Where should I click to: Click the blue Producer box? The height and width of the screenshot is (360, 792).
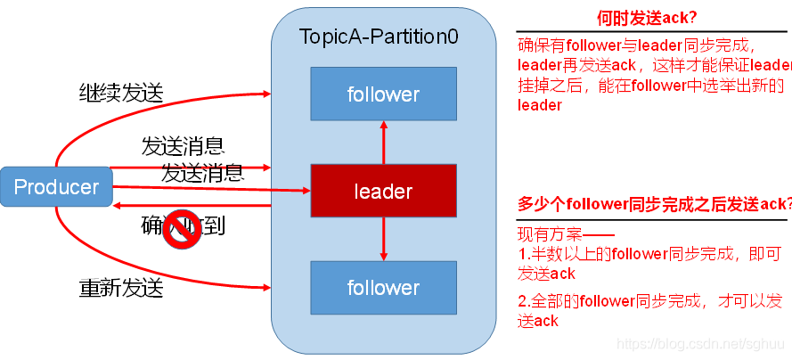[56, 187]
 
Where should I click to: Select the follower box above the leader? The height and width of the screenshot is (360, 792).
[383, 94]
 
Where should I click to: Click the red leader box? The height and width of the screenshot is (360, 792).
[383, 191]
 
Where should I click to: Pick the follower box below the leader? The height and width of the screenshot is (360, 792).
[383, 288]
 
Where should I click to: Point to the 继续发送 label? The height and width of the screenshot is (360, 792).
[120, 91]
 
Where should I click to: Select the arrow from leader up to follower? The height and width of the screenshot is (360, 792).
[384, 142]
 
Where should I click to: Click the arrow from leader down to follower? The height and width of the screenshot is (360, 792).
[384, 239]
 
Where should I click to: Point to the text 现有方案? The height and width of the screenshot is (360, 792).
[549, 235]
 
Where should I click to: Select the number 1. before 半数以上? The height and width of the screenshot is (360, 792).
[523, 255]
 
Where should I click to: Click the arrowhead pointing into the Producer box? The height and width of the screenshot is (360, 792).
[117, 205]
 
